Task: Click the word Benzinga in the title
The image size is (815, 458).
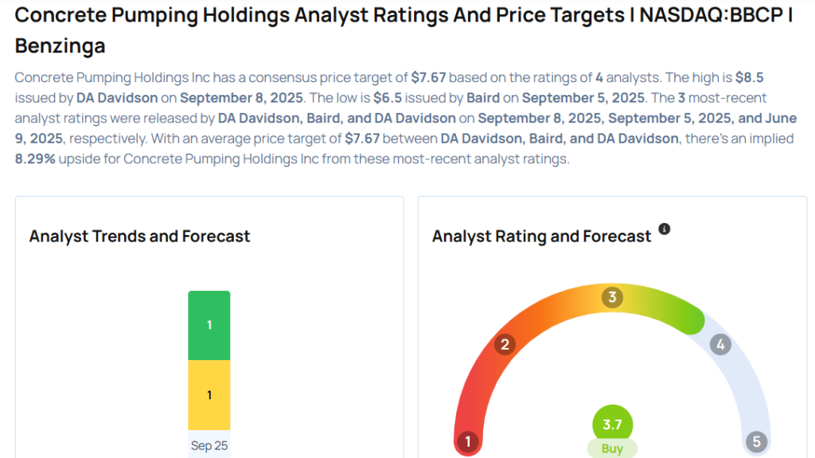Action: tap(60, 46)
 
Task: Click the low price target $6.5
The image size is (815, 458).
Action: tap(390, 98)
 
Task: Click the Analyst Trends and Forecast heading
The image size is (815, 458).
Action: tap(139, 236)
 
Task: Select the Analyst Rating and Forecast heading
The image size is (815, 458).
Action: tap(541, 236)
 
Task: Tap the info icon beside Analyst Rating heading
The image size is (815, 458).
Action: tap(665, 229)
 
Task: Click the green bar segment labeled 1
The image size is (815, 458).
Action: tap(209, 325)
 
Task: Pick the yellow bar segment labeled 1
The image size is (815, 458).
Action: tap(209, 395)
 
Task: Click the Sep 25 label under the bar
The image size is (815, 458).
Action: tap(209, 445)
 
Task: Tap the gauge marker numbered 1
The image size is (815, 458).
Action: tap(469, 441)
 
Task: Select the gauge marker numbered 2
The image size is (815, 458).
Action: tap(504, 345)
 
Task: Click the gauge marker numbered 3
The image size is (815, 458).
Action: tap(612, 298)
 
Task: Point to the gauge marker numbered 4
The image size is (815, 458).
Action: tap(720, 345)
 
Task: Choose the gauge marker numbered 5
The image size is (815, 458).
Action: tap(755, 441)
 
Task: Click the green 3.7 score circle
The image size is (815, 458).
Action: tap(612, 425)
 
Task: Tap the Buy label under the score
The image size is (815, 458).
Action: tap(612, 448)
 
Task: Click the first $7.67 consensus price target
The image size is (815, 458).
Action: tap(428, 77)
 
